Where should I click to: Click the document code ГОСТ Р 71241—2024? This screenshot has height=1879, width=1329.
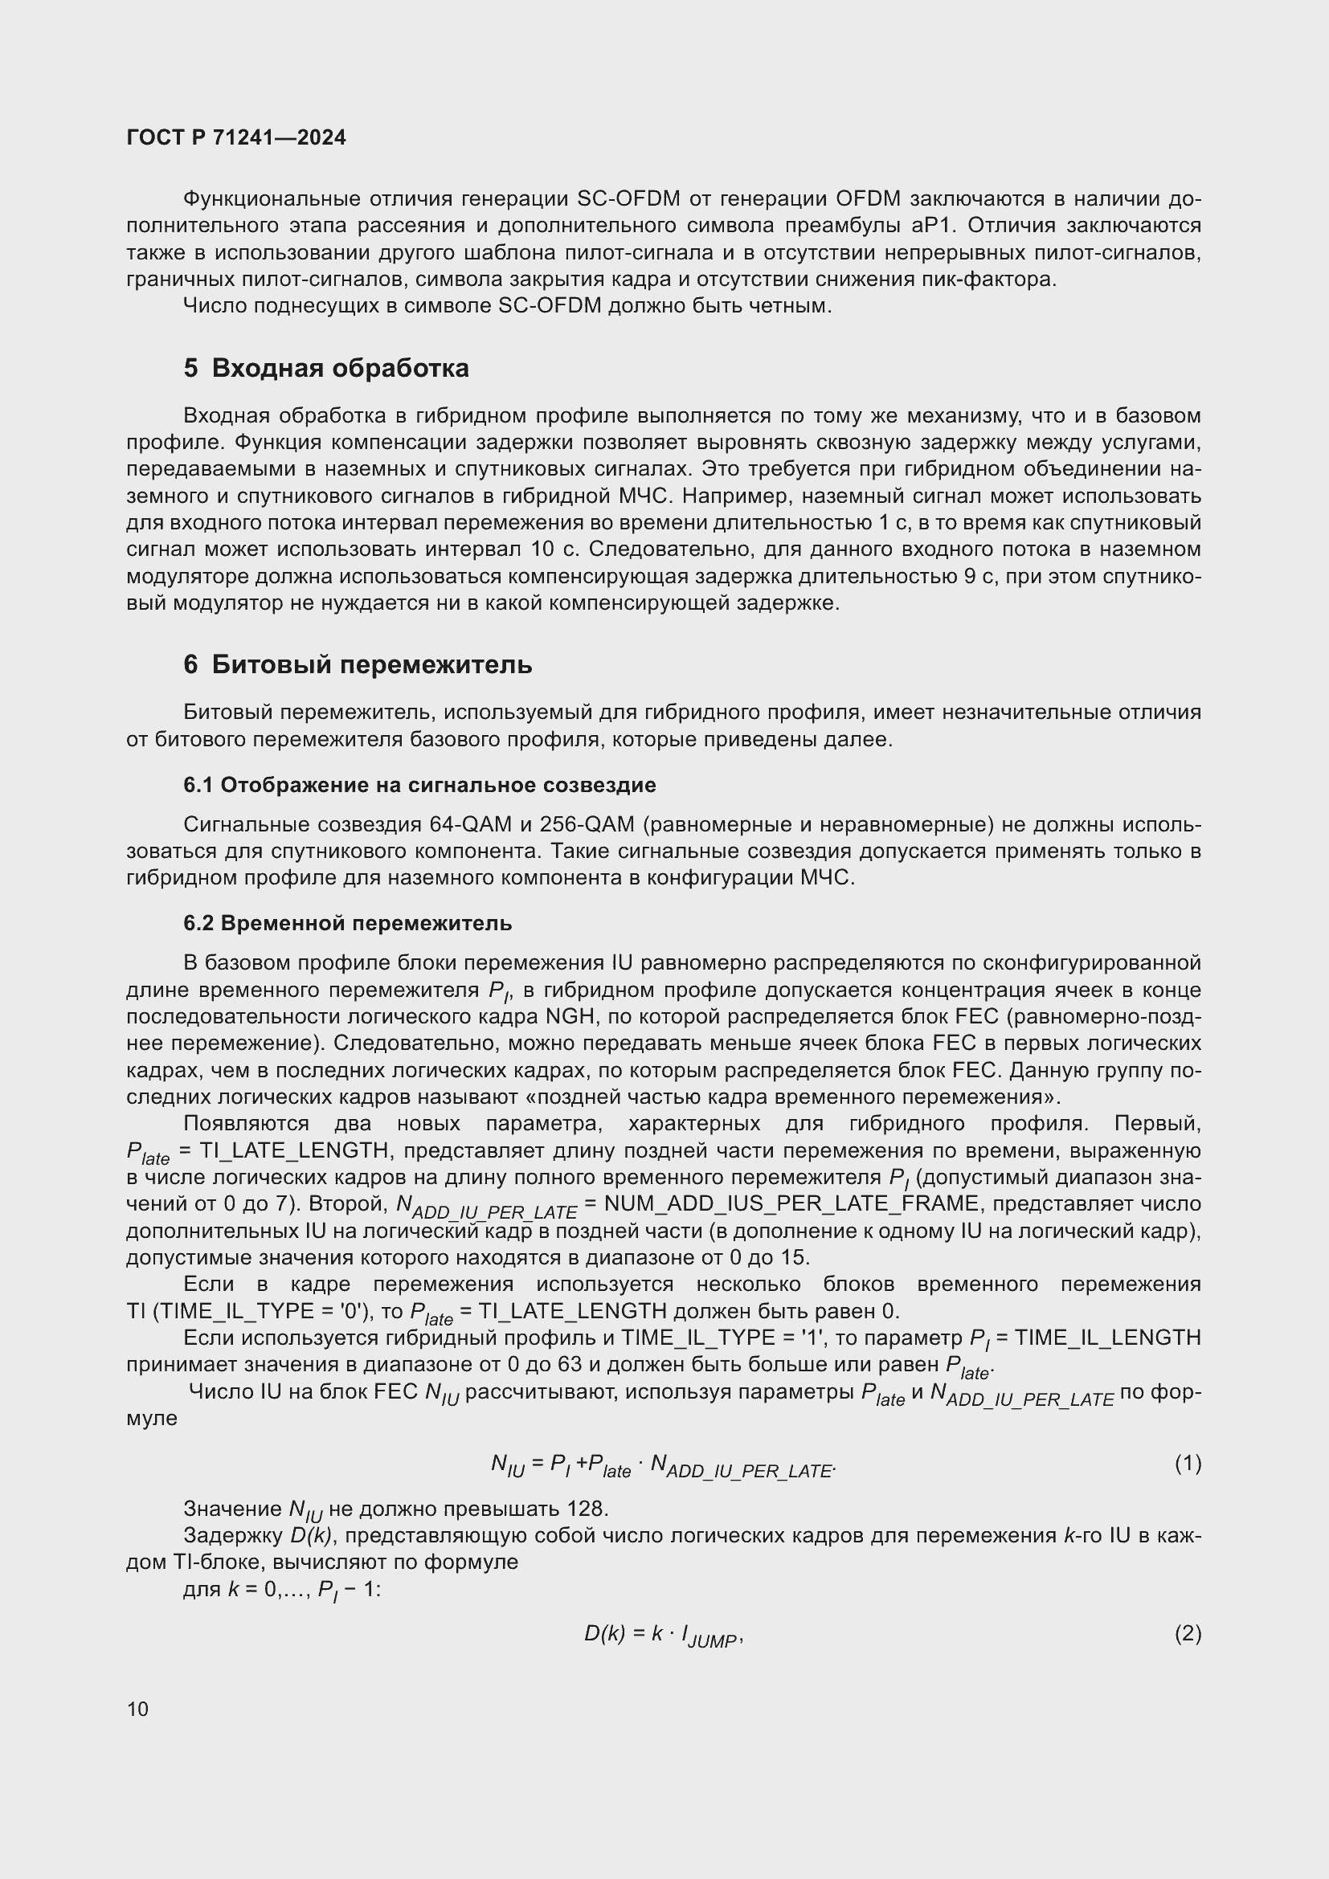point(236,137)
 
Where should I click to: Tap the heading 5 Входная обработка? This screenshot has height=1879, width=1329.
point(325,368)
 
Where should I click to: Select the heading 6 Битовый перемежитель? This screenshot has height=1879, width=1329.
point(358,664)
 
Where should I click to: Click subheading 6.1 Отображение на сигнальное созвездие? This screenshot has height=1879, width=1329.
point(419,785)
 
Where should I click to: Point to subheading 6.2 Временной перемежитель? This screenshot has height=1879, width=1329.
point(347,923)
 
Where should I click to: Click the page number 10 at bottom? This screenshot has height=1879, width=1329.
point(137,1709)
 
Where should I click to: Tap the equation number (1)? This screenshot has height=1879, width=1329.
point(1188,1462)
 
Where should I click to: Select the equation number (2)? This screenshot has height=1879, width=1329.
point(1188,1633)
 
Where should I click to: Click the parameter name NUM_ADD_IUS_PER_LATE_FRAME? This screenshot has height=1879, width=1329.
point(791,1204)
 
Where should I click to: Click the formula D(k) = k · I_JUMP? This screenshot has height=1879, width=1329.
point(662,1635)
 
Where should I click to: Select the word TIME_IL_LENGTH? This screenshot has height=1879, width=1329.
point(1107,1338)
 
